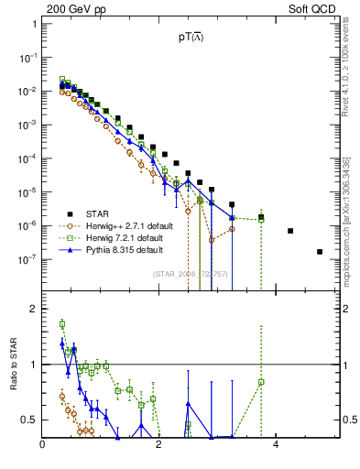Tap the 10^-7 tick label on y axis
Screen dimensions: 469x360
28,259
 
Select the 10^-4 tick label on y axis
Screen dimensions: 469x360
28,158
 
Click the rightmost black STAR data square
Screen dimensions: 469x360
320,251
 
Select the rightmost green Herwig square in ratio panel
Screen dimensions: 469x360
261,382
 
